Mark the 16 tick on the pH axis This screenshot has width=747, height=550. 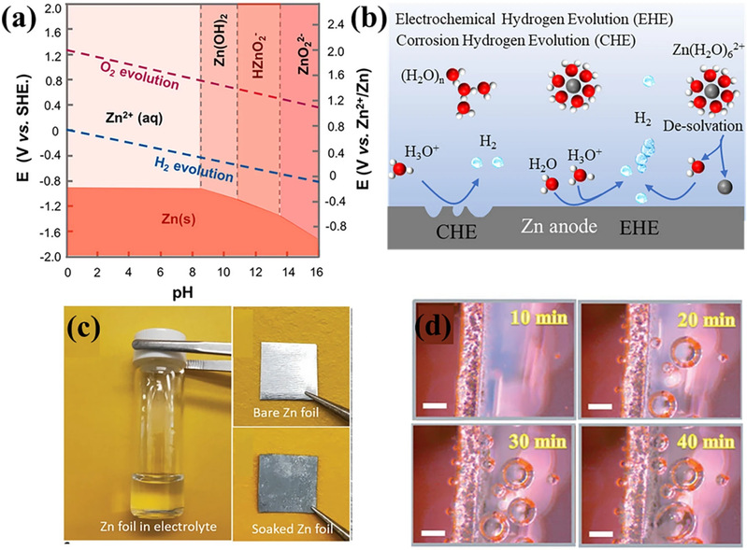click(x=319, y=272)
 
